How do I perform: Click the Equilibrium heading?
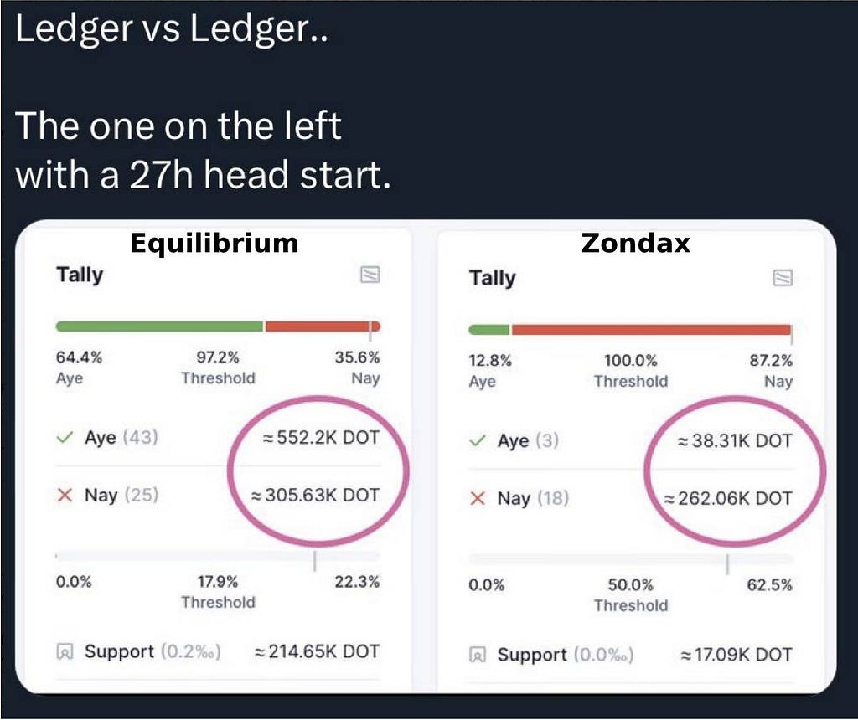coord(214,244)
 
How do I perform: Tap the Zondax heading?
coord(636,243)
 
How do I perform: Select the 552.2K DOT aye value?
coord(321,437)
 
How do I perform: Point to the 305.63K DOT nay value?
coord(315,496)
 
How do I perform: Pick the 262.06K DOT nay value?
coord(728,499)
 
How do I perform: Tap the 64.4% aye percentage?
coord(79,357)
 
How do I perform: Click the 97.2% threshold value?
coord(218,357)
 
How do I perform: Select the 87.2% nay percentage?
coord(771,361)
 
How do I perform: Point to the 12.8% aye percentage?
coord(490,361)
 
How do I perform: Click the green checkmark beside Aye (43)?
coord(65,437)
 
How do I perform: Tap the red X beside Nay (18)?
coord(478,499)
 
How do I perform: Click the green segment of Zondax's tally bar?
coord(489,330)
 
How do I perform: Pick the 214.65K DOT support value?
coord(317,651)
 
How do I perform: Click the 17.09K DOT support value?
coord(736,655)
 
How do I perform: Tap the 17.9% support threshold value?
coord(218,582)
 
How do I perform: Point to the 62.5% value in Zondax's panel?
coord(769,585)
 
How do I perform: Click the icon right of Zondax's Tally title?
coord(783,278)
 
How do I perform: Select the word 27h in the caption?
coord(162,175)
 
